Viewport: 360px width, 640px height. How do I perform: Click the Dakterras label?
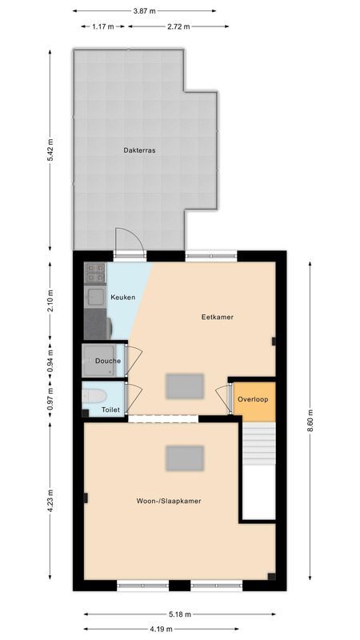click(x=139, y=150)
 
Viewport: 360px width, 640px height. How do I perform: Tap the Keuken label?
click(x=122, y=298)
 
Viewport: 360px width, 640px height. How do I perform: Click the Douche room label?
click(x=107, y=361)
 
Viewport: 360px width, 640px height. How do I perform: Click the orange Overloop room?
click(x=253, y=398)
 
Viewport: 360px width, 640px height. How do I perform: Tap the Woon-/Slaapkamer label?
click(x=168, y=501)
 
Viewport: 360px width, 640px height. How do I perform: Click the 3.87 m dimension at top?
click(x=144, y=11)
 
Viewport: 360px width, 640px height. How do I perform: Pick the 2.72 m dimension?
click(x=178, y=26)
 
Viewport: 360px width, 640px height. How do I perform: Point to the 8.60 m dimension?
click(x=310, y=420)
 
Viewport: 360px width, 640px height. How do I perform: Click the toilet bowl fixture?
click(x=93, y=396)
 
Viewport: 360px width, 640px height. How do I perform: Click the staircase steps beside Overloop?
click(x=258, y=444)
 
